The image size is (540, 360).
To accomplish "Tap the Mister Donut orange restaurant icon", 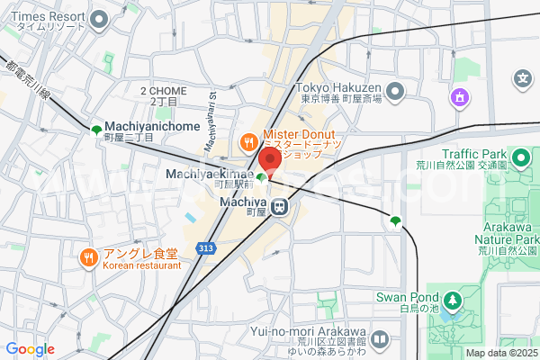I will click(247, 141).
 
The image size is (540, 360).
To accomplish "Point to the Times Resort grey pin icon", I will click(100, 18).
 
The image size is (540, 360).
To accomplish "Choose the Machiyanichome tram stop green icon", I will click(96, 130).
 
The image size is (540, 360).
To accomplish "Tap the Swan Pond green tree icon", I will click(450, 299).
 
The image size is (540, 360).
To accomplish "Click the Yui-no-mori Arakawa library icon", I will click(379, 339).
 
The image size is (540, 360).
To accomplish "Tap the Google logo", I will click(30, 349).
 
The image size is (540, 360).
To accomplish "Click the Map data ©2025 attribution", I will click(501, 353).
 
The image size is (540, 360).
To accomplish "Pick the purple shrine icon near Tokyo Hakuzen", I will click(460, 96).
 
